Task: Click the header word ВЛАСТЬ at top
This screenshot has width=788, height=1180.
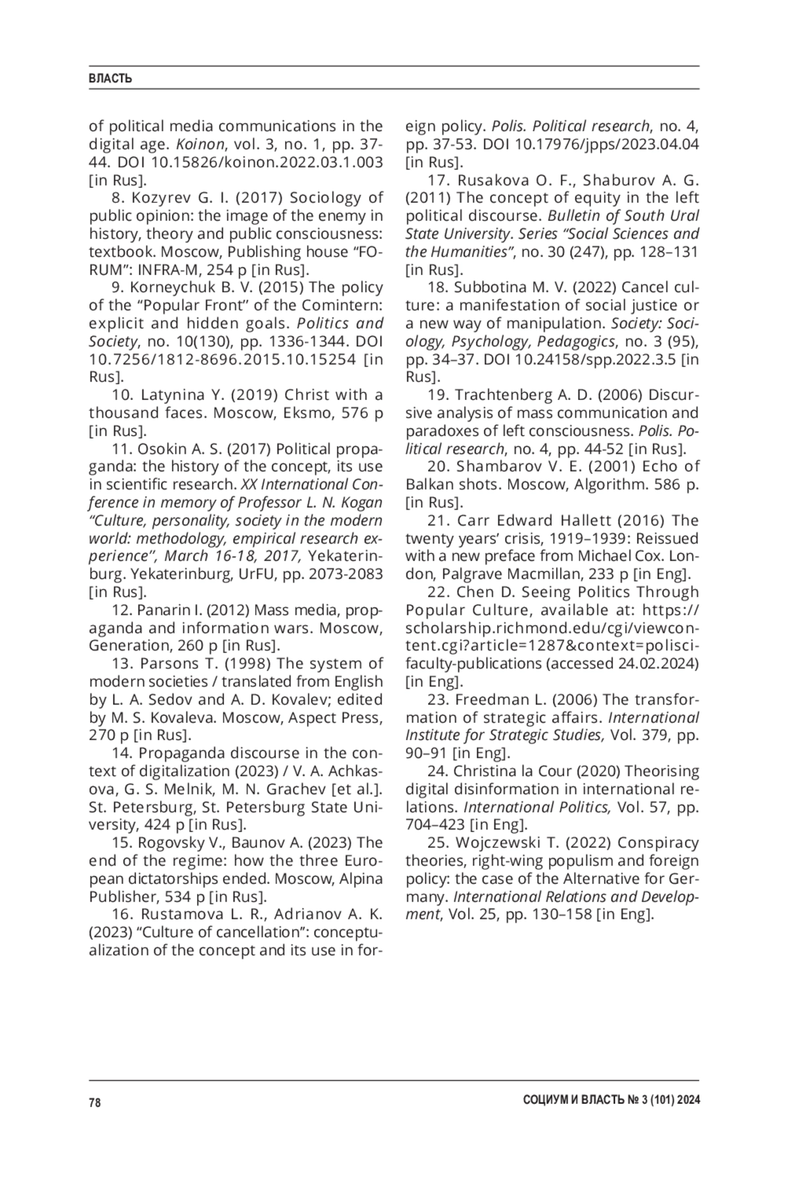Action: (110, 79)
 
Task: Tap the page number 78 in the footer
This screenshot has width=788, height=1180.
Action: (95, 1103)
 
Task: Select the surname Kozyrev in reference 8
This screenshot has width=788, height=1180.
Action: (158, 198)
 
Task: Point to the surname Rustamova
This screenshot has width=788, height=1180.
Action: (176, 914)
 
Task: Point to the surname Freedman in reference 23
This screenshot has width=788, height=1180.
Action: (485, 699)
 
